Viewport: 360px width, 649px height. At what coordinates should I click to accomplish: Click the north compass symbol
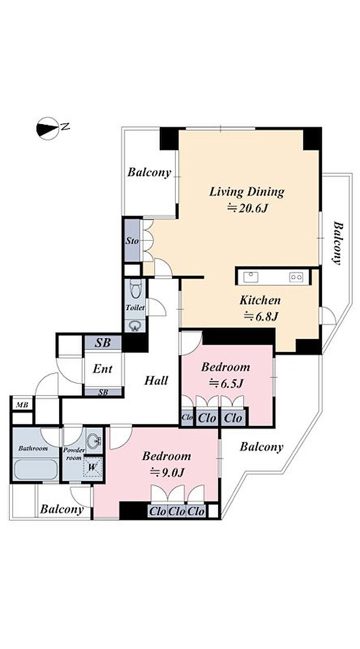click(x=48, y=129)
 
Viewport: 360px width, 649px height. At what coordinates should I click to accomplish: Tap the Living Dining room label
click(x=247, y=192)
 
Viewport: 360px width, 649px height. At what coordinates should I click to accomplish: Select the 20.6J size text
click(x=247, y=208)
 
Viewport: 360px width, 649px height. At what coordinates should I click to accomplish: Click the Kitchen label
click(x=260, y=301)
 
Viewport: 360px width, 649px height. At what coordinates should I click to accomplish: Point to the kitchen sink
click(x=251, y=277)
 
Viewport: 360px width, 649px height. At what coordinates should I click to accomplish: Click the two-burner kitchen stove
click(x=296, y=277)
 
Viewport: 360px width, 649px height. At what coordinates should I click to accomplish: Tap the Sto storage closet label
click(x=132, y=241)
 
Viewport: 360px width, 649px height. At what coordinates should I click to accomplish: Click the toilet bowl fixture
click(x=135, y=289)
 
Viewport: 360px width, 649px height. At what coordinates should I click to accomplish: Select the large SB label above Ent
click(x=103, y=343)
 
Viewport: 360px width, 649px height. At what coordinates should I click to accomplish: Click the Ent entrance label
click(x=102, y=369)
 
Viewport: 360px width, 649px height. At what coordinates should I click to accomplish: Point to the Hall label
click(x=156, y=380)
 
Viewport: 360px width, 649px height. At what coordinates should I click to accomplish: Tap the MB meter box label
click(x=22, y=405)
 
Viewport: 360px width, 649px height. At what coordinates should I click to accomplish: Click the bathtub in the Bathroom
click(x=36, y=469)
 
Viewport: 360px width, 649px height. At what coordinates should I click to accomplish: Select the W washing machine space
click(x=93, y=467)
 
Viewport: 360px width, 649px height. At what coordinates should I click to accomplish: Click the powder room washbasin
click(x=94, y=440)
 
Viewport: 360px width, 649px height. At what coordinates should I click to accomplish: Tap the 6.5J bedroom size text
click(x=226, y=383)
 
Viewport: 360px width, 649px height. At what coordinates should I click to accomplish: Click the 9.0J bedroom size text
click(x=167, y=473)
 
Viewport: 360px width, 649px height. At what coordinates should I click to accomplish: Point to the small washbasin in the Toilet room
click(x=134, y=326)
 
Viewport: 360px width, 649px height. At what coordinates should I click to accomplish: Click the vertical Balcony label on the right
click(x=337, y=243)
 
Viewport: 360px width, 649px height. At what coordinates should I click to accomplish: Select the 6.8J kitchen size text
click(x=261, y=316)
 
